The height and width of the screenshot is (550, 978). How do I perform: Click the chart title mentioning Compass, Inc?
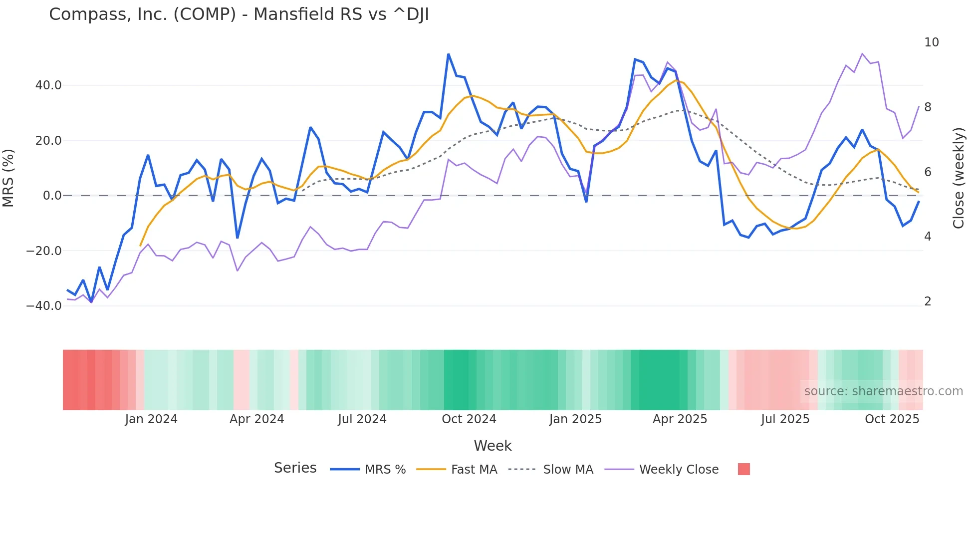239,14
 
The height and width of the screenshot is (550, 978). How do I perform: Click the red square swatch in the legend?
743,469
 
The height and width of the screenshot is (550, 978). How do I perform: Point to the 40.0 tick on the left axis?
48,85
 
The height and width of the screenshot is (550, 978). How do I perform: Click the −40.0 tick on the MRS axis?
44,306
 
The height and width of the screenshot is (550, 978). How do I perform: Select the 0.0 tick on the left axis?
52,196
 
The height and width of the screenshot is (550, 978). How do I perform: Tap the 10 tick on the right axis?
931,42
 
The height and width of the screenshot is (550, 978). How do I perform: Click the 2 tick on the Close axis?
928,301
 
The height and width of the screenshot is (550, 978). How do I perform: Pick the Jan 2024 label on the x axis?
151,419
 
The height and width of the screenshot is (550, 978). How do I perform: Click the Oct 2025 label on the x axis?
892,419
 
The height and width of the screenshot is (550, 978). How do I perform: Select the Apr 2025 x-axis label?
680,419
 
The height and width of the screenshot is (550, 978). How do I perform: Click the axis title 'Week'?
492,446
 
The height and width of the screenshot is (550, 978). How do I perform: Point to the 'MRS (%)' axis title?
8,178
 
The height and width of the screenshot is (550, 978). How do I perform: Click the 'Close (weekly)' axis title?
958,178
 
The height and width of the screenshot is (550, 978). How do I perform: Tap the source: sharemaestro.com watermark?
883,391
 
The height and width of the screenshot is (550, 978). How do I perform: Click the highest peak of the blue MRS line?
448,54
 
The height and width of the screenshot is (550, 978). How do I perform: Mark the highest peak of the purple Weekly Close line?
862,53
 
